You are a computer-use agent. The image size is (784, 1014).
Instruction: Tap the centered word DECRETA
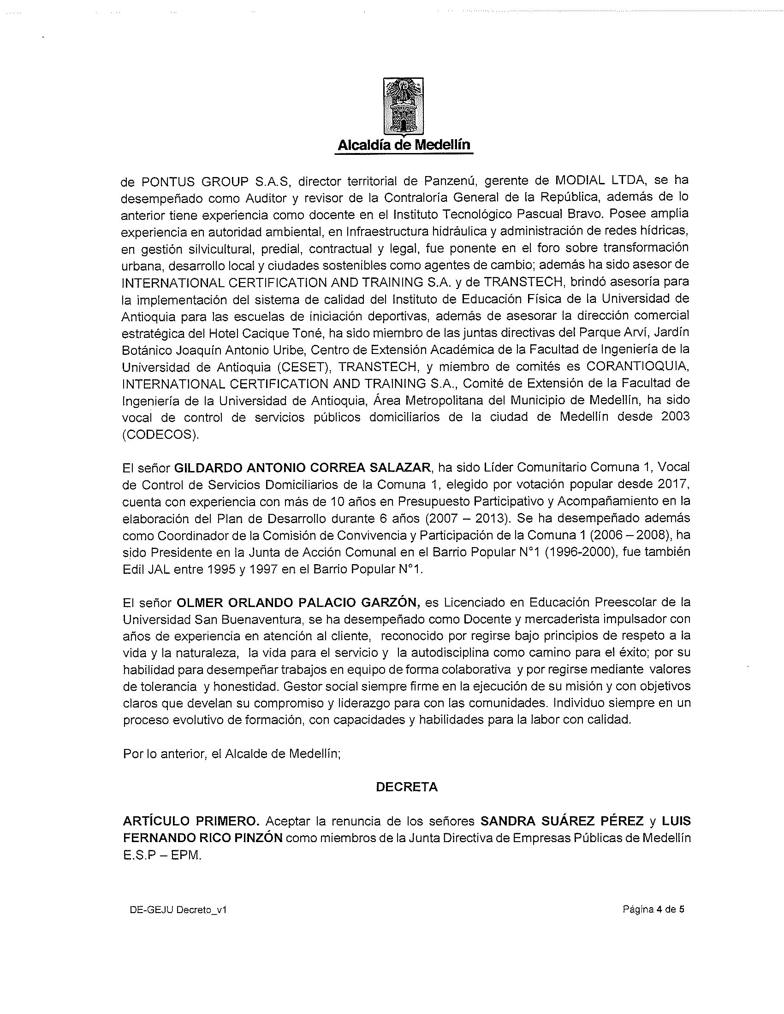coord(406,787)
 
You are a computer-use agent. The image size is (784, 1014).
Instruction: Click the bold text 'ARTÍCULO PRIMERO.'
coord(191,821)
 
